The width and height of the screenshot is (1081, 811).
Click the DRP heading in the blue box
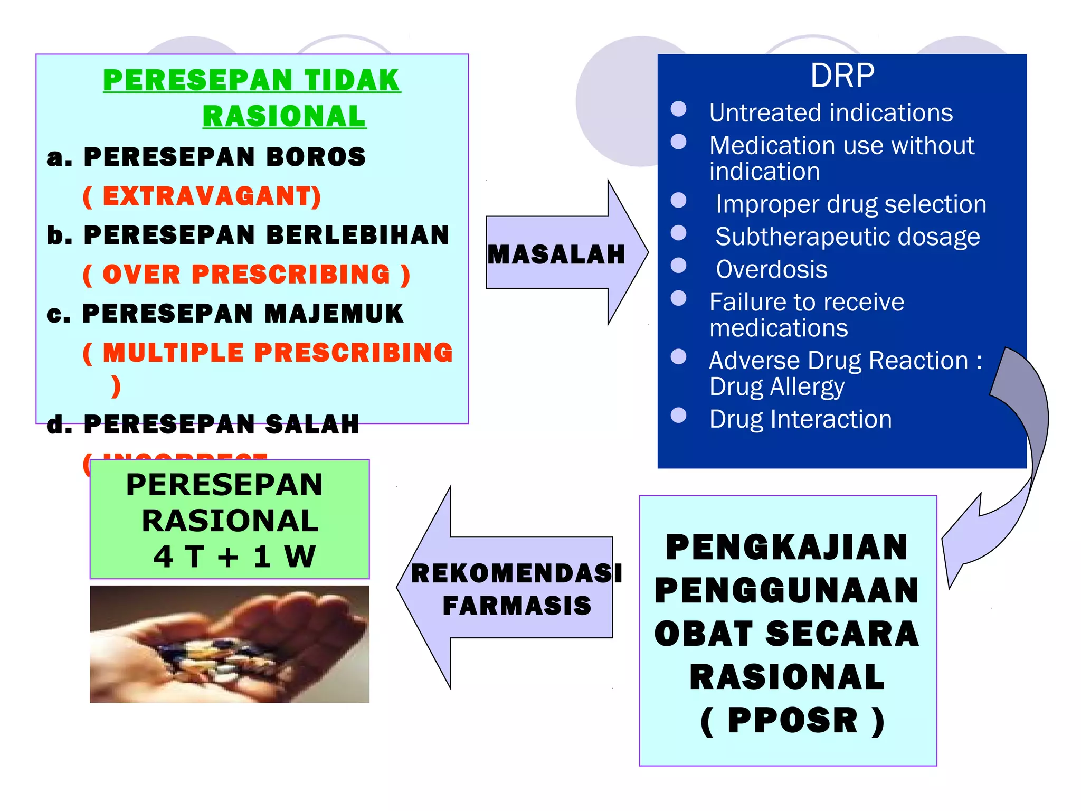pos(842,76)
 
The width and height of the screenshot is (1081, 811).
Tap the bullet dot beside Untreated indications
pos(678,109)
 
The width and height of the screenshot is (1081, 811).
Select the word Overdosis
pos(771,269)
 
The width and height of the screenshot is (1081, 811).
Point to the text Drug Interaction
pos(800,419)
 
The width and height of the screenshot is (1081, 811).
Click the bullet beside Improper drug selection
pos(678,201)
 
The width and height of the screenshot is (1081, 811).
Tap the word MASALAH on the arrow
pos(556,254)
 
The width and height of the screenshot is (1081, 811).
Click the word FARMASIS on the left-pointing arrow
pos(517,606)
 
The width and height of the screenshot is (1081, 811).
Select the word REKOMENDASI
pos(516,573)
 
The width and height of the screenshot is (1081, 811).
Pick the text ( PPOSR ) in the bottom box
pos(792,720)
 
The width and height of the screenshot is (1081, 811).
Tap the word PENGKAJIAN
pos(786,548)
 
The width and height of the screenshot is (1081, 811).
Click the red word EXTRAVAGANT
pos(211,196)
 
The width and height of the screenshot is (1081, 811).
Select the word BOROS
pos(315,157)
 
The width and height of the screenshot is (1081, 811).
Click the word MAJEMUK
pos(334,314)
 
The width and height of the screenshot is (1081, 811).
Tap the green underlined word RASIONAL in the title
pos(284,117)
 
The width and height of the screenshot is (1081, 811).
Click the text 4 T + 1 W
pos(234,557)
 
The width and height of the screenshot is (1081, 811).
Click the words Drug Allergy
pos(776,387)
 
